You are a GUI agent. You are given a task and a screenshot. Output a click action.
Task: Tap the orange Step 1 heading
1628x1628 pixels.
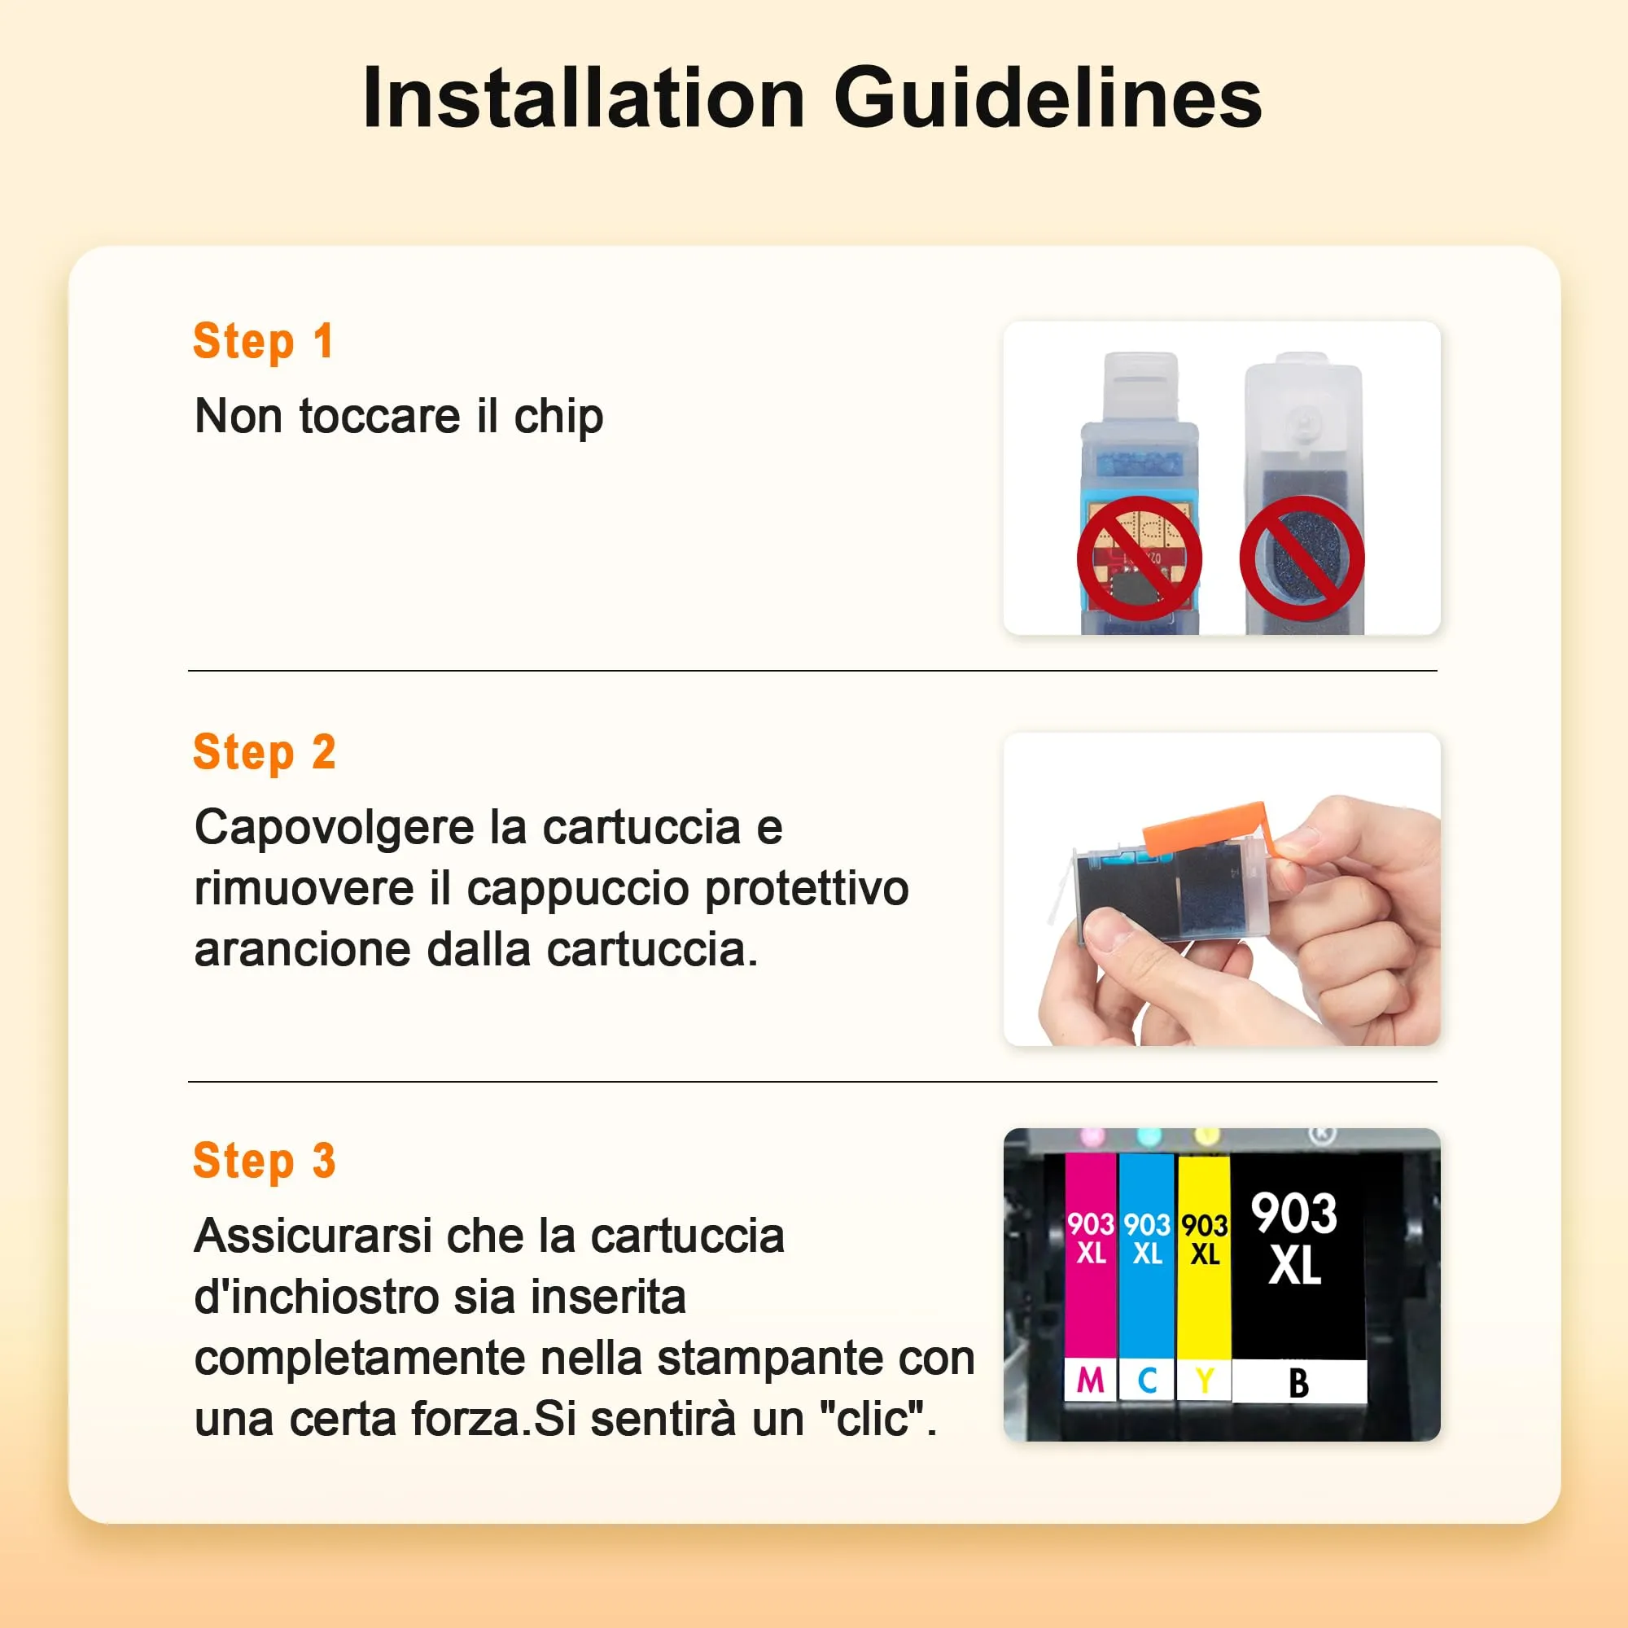pyautogui.click(x=264, y=342)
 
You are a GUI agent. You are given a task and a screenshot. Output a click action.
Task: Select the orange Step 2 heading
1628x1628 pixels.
pyautogui.click(x=265, y=752)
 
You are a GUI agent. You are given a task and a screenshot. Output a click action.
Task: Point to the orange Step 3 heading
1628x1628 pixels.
pyautogui.click(x=265, y=1162)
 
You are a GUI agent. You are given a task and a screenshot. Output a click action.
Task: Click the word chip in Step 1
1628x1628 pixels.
pyautogui.click(x=558, y=417)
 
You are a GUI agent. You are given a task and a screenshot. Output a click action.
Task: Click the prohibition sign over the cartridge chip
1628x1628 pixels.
pyautogui.click(x=1140, y=558)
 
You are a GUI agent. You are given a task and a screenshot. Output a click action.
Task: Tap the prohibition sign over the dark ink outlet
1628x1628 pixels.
pyautogui.click(x=1302, y=558)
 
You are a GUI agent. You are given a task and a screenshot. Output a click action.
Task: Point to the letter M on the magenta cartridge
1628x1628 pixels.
pyautogui.click(x=1091, y=1381)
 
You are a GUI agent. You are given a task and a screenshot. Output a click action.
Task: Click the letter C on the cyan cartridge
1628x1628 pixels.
pyautogui.click(x=1147, y=1381)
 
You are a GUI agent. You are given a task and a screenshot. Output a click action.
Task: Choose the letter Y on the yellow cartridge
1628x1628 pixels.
pyautogui.click(x=1205, y=1381)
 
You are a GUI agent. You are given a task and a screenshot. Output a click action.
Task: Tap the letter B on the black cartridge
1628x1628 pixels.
pyautogui.click(x=1298, y=1383)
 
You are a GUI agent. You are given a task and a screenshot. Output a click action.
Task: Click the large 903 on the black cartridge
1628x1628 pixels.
pyautogui.click(x=1293, y=1214)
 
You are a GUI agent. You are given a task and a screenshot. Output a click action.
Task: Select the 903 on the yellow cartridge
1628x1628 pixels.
pyautogui.click(x=1204, y=1224)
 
